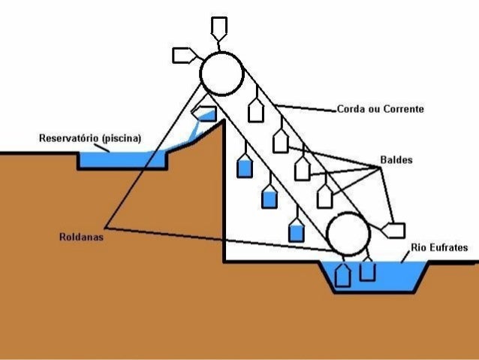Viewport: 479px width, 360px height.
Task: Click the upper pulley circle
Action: pos(221,73)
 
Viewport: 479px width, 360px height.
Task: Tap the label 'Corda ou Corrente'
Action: pos(380,110)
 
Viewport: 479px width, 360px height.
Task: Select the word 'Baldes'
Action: pos(395,160)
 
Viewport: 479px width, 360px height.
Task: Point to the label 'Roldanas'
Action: pos(80,237)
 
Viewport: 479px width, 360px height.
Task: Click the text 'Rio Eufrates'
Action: pos(439,247)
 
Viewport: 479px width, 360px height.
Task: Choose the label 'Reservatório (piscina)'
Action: pos(90,138)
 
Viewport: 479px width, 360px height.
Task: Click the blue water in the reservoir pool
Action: pos(120,160)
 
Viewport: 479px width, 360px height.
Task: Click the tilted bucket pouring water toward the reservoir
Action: pos(204,113)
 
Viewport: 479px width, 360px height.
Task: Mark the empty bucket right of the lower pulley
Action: pos(393,230)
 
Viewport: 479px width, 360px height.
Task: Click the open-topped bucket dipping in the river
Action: pos(367,270)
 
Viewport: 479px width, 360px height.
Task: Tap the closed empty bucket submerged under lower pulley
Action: pos(342,274)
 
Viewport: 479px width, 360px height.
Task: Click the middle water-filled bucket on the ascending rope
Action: pos(270,197)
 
